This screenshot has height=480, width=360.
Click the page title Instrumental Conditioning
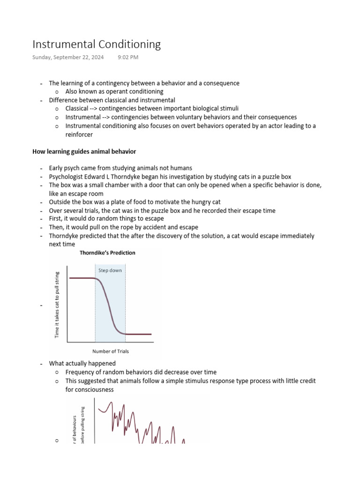pyautogui.click(x=96, y=45)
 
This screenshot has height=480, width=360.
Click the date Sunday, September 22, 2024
pyautogui.click(x=68, y=58)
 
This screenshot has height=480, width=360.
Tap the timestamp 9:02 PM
pyautogui.click(x=127, y=58)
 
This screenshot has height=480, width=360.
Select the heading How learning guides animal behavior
pyautogui.click(x=84, y=151)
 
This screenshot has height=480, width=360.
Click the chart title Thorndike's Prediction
pyautogui.click(x=107, y=253)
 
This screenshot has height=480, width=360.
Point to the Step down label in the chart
pyautogui.click(x=110, y=270)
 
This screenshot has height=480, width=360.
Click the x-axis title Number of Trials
pyautogui.click(x=111, y=351)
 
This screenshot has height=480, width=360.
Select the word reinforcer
pyautogui.click(x=79, y=135)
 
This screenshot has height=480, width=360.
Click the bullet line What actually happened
pyautogui.click(x=82, y=363)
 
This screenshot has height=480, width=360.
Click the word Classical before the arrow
pyautogui.click(x=77, y=109)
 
